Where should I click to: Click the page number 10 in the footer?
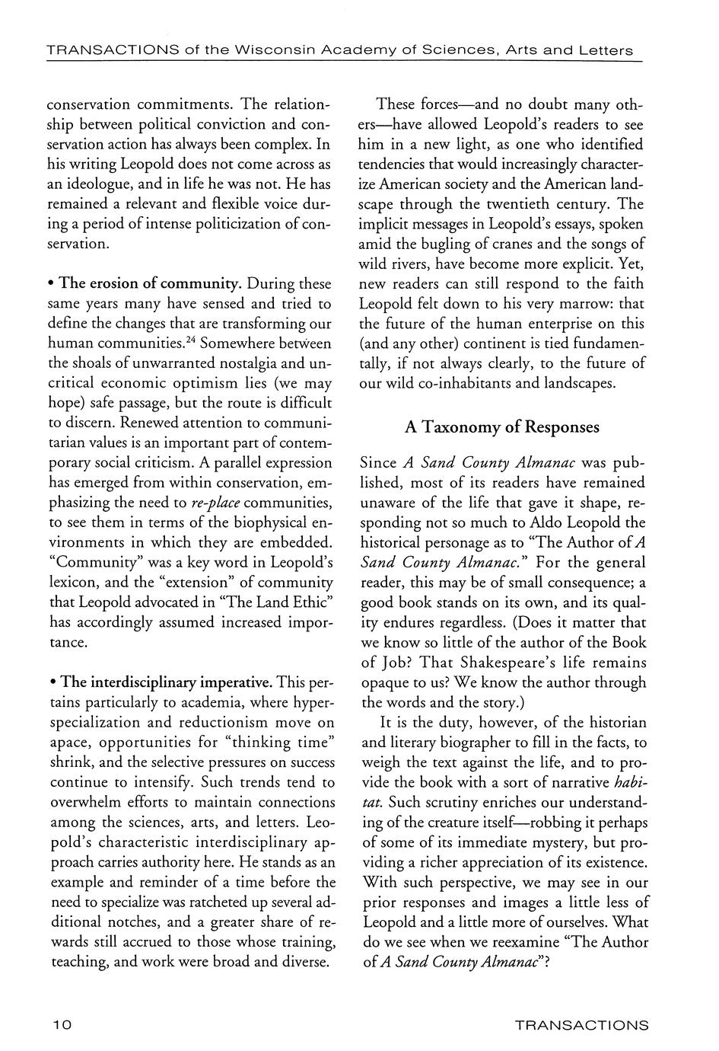pyautogui.click(x=62, y=1025)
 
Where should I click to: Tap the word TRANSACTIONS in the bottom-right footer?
pyautogui.click(x=581, y=1025)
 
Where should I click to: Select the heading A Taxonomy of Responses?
pyautogui.click(x=502, y=427)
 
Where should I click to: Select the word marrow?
pyautogui.click(x=563, y=304)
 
